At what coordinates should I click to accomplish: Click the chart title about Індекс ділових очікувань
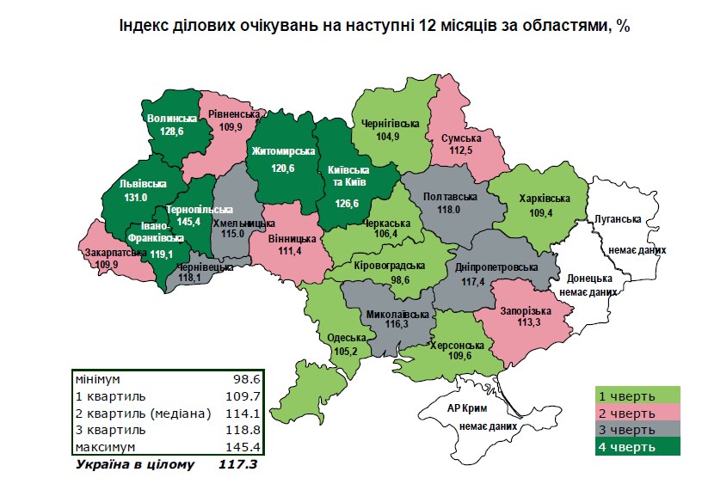click(374, 26)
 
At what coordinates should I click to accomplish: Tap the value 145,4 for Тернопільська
click(187, 221)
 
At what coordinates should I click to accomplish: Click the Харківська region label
click(545, 199)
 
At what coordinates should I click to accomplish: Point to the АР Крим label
click(470, 407)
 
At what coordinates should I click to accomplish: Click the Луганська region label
click(619, 219)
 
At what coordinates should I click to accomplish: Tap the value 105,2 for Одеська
click(348, 351)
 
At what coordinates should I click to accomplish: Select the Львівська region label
click(143, 183)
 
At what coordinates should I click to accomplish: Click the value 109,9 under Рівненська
click(232, 126)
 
